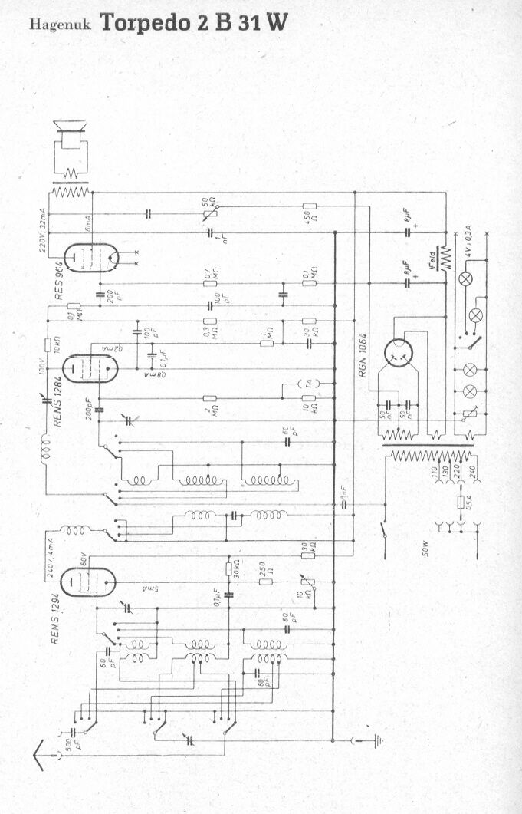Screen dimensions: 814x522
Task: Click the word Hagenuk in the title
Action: [60, 25]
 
